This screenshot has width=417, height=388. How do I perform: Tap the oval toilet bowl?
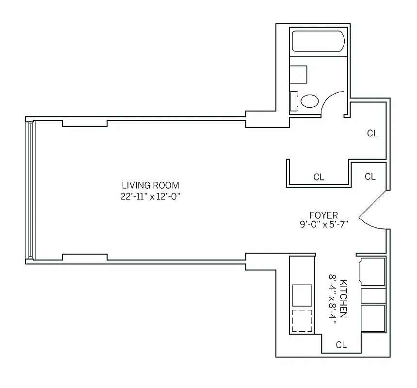coord(310,101)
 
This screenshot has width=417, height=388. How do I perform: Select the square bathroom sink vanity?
coord(299,75)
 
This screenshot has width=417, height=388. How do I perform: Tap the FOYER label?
coord(324,215)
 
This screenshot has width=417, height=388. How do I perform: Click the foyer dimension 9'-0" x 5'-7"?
coord(324,224)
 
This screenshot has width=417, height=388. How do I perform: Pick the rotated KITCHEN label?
coord(343,298)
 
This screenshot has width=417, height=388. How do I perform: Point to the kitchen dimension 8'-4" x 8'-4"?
coord(332,298)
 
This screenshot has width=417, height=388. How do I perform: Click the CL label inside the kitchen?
coord(341,345)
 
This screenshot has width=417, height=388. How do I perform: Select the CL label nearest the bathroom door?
coord(372,133)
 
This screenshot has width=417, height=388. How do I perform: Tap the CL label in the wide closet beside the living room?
coord(319,177)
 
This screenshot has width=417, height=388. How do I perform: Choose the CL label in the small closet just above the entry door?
coord(370,177)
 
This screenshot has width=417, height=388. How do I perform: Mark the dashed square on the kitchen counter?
coord(302,320)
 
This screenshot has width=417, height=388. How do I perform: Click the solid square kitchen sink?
coord(302,295)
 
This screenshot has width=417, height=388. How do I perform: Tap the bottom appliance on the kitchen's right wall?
coord(373,318)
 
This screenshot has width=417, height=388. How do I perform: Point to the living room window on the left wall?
coord(31,190)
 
